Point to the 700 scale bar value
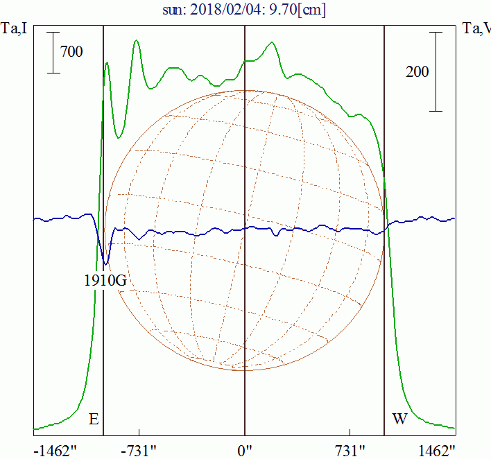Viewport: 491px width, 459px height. coord(71,51)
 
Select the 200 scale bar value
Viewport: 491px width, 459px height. coord(416,71)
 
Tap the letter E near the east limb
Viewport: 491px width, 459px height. coord(94,419)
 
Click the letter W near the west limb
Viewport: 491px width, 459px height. coord(399,419)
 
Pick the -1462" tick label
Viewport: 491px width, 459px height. coord(55,449)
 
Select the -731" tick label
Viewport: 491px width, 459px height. coord(139,449)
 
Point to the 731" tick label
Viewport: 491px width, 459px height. coord(351,449)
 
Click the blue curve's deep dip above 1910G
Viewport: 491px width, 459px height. coord(105,263)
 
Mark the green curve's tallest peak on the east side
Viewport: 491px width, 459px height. coord(137,41)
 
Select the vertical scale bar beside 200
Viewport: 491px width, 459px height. coord(436,71)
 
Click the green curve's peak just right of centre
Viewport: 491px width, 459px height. coord(272,43)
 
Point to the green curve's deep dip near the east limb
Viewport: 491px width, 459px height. coord(119,137)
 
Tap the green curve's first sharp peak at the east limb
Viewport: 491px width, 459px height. coord(107,64)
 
